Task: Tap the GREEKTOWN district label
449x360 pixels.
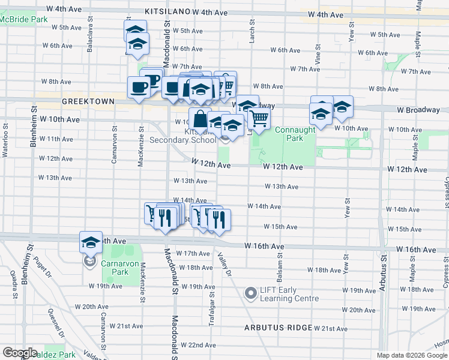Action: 88,102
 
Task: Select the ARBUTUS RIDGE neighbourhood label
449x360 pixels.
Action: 278,328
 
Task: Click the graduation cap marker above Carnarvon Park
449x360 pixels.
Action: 91,242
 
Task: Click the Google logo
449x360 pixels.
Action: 20,353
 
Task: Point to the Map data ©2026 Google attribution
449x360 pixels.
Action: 412,355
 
